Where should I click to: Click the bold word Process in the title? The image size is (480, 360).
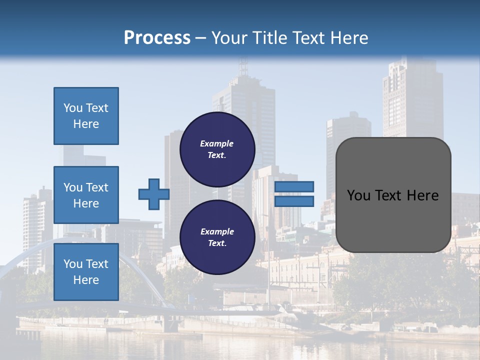(157, 38)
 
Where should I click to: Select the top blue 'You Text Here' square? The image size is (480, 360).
(86, 116)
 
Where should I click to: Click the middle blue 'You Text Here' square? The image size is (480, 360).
(86, 195)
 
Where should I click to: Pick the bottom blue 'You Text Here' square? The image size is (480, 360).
(86, 272)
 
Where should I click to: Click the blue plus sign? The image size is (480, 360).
(153, 194)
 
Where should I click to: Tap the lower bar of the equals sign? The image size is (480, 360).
(294, 201)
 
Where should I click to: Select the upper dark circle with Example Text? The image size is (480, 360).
(217, 149)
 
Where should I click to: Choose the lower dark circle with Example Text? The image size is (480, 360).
(217, 237)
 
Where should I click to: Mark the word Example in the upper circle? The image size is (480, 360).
(217, 143)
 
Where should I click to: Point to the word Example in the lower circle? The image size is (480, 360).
(217, 231)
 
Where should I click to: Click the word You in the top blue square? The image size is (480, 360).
(73, 108)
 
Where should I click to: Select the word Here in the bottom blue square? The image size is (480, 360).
(86, 280)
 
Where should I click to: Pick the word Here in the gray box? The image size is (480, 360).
(423, 195)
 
